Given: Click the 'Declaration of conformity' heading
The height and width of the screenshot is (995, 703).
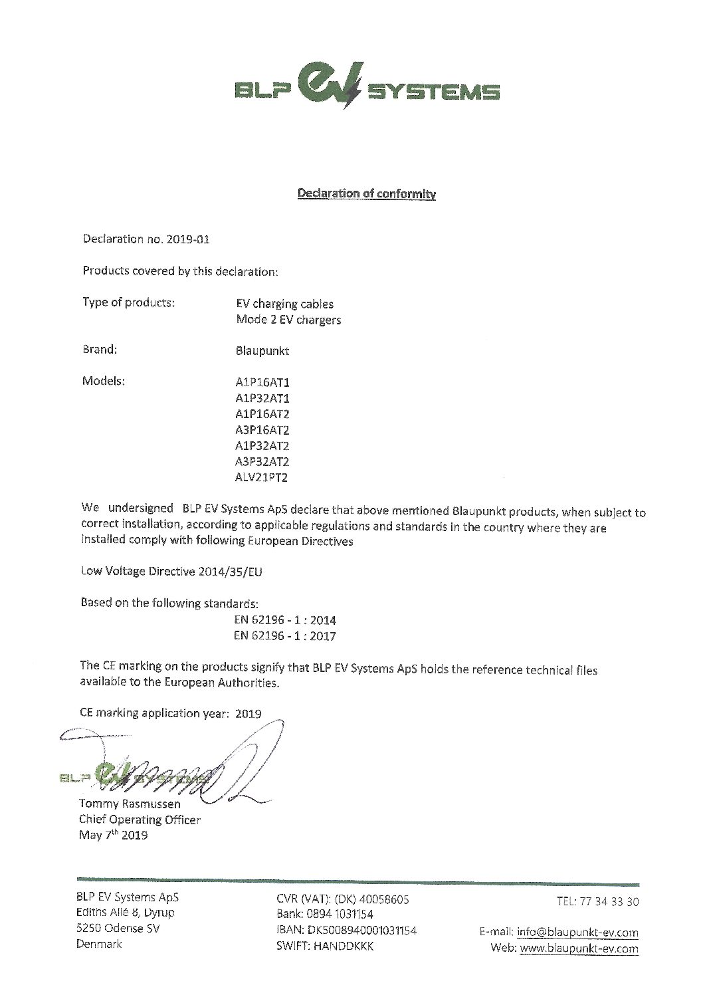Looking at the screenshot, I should (366, 194).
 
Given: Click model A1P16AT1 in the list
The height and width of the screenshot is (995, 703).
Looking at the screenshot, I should (258, 383).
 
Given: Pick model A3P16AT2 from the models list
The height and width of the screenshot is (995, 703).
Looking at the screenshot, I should (258, 430).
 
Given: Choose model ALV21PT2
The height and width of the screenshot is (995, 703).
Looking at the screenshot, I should (258, 477).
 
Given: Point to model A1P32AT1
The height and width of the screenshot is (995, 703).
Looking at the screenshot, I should (258, 399).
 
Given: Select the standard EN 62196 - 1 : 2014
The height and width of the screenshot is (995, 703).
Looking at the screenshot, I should (285, 620).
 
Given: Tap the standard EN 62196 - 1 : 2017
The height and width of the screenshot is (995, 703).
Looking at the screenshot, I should (285, 636).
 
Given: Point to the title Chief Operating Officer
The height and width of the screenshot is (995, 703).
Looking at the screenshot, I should (139, 820).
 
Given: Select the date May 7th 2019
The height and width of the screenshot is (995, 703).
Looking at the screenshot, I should (113, 835).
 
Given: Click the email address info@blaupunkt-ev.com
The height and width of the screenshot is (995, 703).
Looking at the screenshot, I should (577, 933).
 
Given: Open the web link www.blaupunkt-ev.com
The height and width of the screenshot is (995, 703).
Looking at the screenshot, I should (579, 948).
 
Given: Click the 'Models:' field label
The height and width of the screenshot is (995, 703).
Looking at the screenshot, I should (104, 382).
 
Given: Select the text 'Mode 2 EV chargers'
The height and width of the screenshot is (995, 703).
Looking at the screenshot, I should (288, 320).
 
